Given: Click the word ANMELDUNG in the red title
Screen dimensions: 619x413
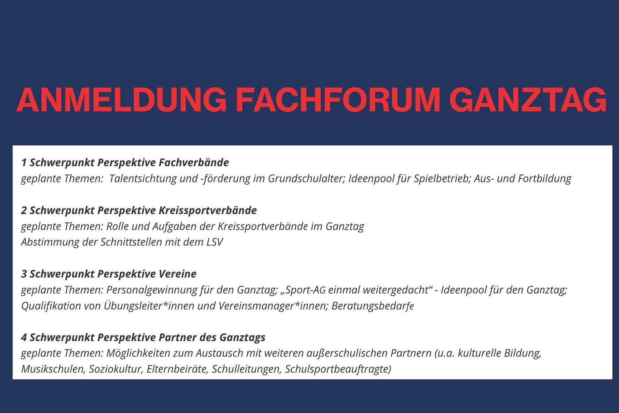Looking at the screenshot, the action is (122, 100).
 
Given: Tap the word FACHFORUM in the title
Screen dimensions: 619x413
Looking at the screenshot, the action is (339, 100).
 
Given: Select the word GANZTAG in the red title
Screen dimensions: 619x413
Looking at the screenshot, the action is (528, 100).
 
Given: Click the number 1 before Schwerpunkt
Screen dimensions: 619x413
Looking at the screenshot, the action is (24, 162).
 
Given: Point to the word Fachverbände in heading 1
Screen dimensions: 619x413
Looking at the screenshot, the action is (194, 162).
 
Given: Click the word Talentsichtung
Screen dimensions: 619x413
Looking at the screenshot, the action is (143, 179).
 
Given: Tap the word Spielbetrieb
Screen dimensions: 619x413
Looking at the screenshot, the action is (442, 179).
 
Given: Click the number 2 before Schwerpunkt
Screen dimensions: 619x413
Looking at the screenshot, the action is (24, 211).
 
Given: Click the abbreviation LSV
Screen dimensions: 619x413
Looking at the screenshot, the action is (215, 242).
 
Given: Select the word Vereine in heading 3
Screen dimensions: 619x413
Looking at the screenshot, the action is (177, 274).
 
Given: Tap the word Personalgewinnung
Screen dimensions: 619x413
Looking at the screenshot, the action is (150, 290).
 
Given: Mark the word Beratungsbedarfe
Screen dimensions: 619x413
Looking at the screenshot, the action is (373, 306).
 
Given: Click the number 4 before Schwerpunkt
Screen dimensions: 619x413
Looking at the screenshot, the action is (24, 338).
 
